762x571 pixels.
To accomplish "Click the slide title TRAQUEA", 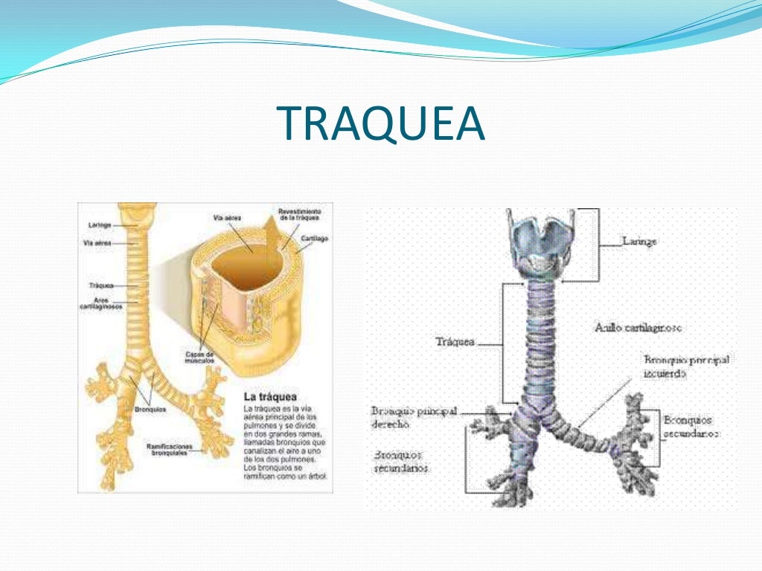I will coord(380,123).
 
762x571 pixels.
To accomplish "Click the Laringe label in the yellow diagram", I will coord(100,224).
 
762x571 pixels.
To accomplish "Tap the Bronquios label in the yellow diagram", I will coord(152,409).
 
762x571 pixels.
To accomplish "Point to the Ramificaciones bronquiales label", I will coord(169,449).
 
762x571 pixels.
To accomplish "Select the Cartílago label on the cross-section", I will coord(315,239).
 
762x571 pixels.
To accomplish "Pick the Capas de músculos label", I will coord(199,358).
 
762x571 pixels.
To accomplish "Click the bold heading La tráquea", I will coord(270,396).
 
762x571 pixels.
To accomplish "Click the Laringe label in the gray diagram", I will coord(639,241).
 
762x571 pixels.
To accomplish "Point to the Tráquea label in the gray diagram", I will coord(455,343).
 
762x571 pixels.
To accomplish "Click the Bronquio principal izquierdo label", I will coord(686,367).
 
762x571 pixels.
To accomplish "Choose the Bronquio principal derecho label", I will coord(414,416).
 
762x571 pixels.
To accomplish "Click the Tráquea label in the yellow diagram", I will coord(100,285).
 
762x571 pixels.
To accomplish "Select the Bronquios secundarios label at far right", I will coord(691,426).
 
